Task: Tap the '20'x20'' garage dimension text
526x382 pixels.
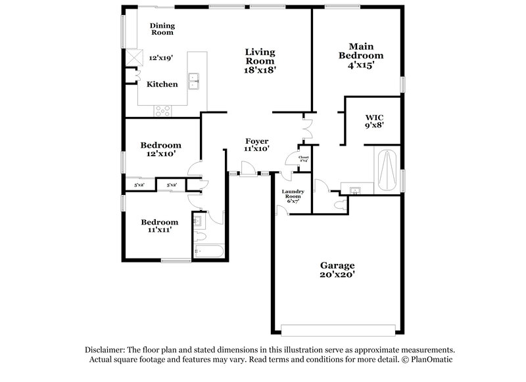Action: click(x=338, y=276)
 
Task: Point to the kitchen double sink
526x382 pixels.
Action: click(x=194, y=81)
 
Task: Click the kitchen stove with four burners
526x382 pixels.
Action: click(x=162, y=111)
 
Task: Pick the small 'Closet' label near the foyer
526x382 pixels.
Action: click(x=303, y=158)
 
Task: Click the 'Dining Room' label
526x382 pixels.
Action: click(x=162, y=28)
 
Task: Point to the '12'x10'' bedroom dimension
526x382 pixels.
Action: click(x=161, y=155)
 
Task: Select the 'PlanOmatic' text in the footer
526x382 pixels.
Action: click(x=431, y=360)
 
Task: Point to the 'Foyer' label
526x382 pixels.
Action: click(x=256, y=141)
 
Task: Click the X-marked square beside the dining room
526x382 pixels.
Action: click(x=135, y=58)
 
